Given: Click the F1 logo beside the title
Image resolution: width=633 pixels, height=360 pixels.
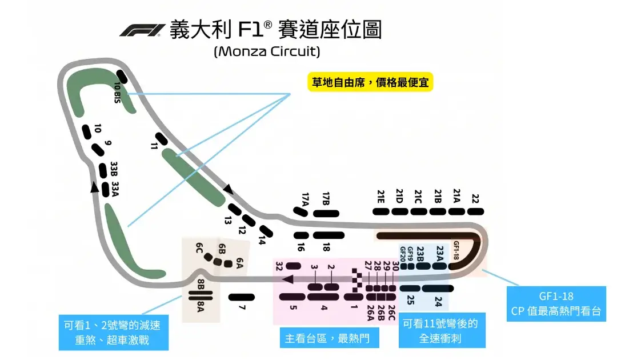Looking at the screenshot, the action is click(142, 30).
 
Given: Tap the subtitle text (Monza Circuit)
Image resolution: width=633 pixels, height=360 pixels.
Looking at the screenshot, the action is click(267, 51).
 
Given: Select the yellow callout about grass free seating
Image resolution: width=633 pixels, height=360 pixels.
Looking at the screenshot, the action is click(370, 82).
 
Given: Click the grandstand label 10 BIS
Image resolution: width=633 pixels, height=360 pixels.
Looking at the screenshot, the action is click(118, 93).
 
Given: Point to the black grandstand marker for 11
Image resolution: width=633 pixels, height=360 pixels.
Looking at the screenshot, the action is click(162, 139).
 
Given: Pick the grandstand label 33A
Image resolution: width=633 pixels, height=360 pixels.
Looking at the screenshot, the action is click(115, 189).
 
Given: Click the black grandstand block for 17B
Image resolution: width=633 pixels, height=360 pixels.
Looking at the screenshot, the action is click(326, 214).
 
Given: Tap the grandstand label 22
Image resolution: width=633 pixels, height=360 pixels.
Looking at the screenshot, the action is click(475, 199).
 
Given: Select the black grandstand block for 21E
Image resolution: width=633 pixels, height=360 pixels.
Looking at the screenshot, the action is click(380, 211).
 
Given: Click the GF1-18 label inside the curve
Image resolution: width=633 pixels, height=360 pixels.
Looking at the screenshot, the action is click(456, 250).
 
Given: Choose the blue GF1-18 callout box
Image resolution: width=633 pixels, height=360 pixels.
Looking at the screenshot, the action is click(556, 303).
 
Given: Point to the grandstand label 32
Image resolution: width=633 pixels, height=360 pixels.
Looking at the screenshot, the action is click(279, 266).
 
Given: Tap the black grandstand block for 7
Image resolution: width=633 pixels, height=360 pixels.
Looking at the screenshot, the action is click(242, 298).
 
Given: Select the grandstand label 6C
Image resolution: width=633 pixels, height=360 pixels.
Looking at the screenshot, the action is click(199, 248).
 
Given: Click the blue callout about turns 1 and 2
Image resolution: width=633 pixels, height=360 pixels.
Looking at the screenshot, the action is click(114, 333).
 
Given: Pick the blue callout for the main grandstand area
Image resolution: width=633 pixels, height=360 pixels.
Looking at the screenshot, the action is click(330, 338).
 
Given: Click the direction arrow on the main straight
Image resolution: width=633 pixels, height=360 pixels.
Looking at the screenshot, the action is click(287, 279).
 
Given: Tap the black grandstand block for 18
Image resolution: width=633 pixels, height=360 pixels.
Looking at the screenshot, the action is click(328, 235).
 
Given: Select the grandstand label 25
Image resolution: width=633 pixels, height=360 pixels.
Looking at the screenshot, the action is click(410, 300).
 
